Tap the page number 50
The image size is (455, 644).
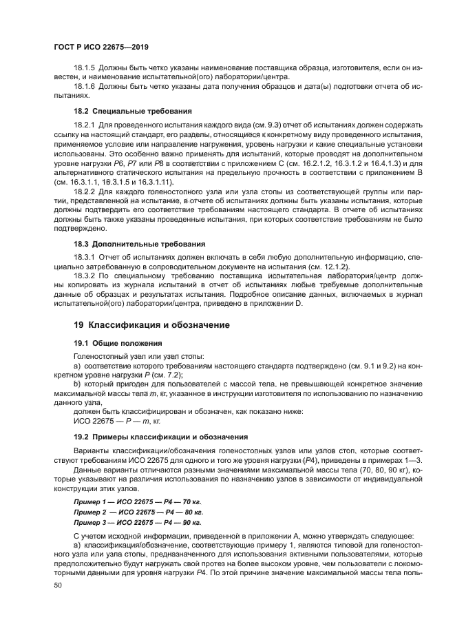point(58,584)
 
